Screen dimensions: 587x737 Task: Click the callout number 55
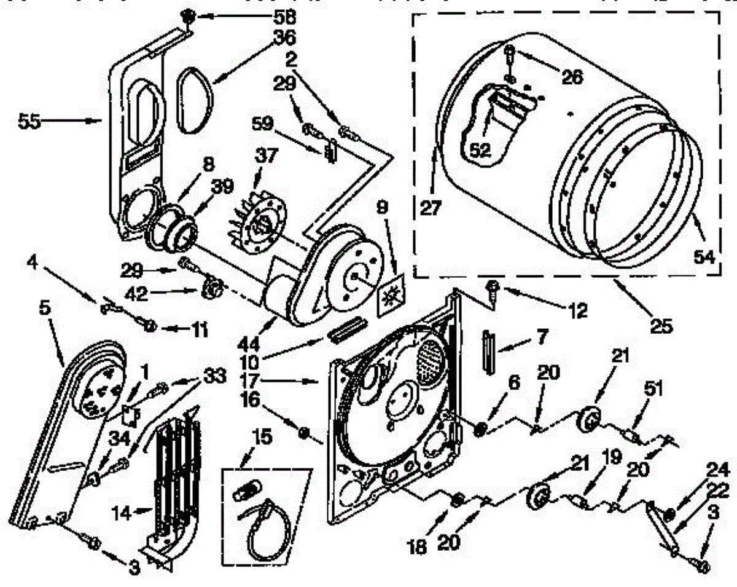click(x=29, y=122)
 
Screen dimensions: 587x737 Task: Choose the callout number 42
click(x=136, y=294)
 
